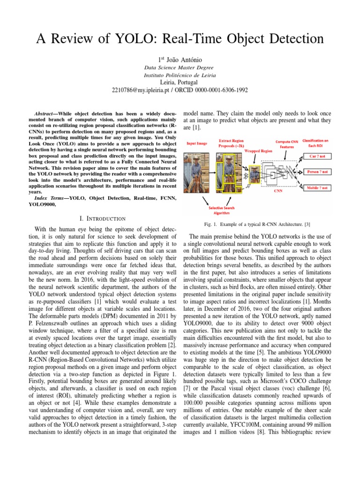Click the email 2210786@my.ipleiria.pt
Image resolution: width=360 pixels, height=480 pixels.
click(x=141, y=90)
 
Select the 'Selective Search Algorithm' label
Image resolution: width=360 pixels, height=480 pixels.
click(x=223, y=210)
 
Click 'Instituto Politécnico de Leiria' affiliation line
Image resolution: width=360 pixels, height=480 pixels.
click(x=180, y=75)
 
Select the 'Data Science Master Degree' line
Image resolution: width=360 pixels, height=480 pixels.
click(x=180, y=67)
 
